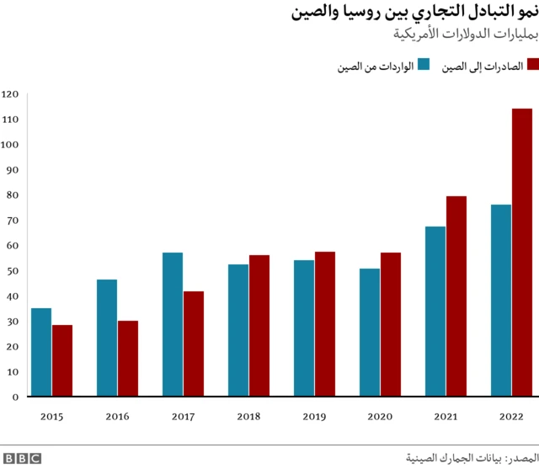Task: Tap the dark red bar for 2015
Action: coord(61,360)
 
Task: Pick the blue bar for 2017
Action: coord(173,324)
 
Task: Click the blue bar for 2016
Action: coord(107,338)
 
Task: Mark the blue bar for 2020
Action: coord(370,333)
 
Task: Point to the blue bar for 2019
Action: coord(304,328)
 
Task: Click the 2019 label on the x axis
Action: coord(314,416)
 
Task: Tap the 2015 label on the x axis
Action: coord(51,416)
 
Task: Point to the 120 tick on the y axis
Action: coord(10,94)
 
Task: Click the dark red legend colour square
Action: coord(531,65)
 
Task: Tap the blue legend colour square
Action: coord(424,65)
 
